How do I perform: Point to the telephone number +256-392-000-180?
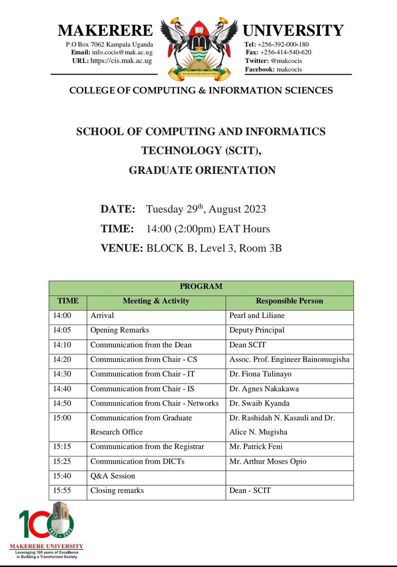click(282, 44)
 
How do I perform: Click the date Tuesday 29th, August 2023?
click(206, 209)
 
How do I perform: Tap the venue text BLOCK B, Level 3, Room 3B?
click(214, 249)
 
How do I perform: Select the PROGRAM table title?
click(201, 286)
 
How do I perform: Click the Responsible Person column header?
click(289, 301)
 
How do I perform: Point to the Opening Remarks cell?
click(120, 330)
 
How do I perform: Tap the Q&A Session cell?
click(112, 476)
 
